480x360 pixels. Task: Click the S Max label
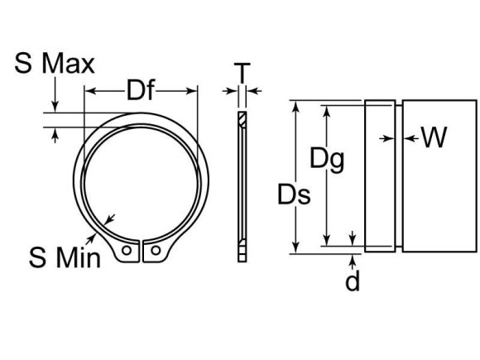(54, 63)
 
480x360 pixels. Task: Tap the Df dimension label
(142, 89)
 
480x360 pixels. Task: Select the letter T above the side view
(241, 74)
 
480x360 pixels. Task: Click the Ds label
(294, 195)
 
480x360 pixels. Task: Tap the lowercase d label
(353, 282)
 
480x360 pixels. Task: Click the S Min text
(65, 257)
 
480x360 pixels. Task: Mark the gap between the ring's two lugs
(141, 252)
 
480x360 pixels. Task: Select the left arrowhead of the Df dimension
(92, 91)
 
